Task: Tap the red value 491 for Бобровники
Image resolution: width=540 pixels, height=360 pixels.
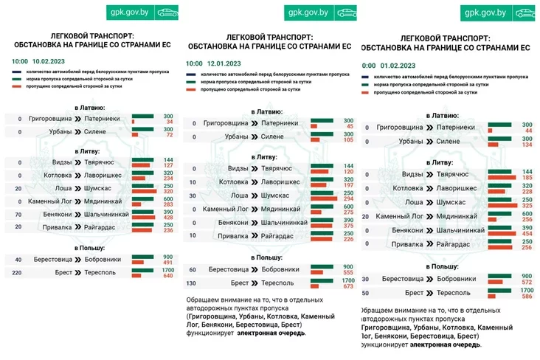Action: pyautogui.click(x=167, y=263)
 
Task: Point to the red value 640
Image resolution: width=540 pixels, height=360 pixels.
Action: pyautogui.click(x=167, y=277)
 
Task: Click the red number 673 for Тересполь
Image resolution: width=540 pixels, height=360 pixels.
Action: pyautogui.click(x=348, y=287)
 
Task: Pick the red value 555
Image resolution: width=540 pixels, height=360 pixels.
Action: pyautogui.click(x=348, y=273)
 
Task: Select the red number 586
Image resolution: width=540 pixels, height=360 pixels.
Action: pyautogui.click(x=527, y=297)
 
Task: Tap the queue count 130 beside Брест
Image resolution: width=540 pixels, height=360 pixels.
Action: pyautogui.click(x=193, y=283)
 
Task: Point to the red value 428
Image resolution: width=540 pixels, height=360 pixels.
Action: pyautogui.click(x=167, y=218)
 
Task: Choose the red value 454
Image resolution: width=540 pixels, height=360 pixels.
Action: pyautogui.click(x=527, y=234)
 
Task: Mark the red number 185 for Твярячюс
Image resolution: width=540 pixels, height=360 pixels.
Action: pyautogui.click(x=527, y=178)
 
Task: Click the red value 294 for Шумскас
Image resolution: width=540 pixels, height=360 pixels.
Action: pyautogui.click(x=348, y=199)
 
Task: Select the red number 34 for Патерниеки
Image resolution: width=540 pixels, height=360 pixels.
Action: pyautogui.click(x=169, y=121)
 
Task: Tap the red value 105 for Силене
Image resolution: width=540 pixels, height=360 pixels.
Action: pyautogui.click(x=348, y=139)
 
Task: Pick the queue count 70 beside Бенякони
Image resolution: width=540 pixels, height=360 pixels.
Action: pyautogui.click(x=18, y=214)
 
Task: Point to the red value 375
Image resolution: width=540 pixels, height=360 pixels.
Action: pyautogui.click(x=348, y=226)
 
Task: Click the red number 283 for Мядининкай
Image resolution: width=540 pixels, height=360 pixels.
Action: pyautogui.click(x=167, y=204)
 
